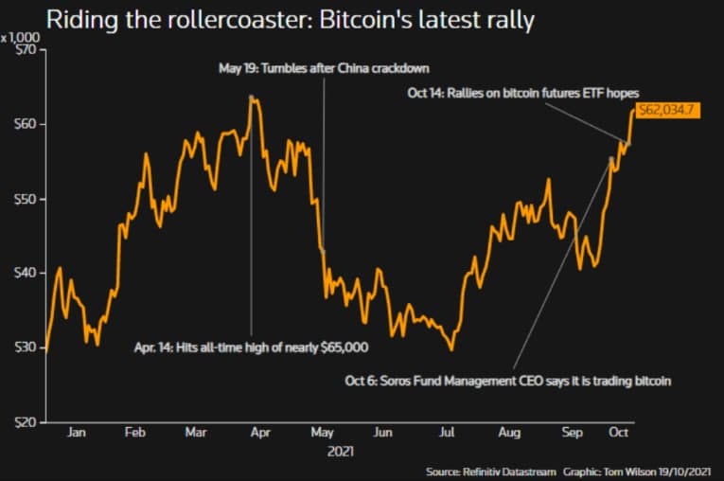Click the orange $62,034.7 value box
[x=667, y=110]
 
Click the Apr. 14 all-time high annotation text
[x=250, y=347]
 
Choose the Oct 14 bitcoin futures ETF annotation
[x=522, y=94]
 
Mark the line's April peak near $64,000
[x=250, y=96]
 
